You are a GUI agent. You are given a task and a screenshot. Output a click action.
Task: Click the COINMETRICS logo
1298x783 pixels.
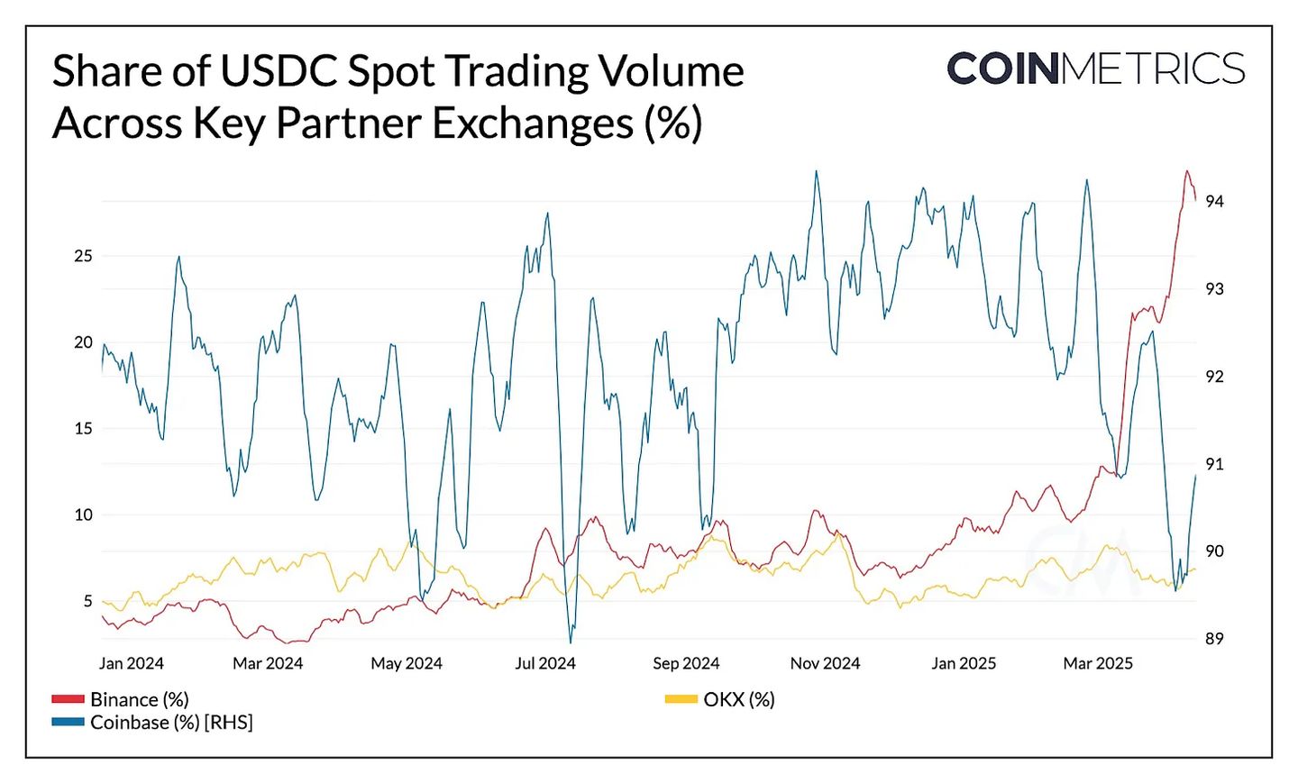tap(1095, 69)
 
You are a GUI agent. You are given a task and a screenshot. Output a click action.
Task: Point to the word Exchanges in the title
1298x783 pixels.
tap(533, 123)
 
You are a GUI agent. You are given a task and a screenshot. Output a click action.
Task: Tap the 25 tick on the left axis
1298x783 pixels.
tap(83, 256)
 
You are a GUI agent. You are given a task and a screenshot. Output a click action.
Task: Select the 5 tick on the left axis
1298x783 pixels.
tap(87, 601)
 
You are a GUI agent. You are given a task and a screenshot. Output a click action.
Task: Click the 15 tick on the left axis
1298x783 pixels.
tap(83, 429)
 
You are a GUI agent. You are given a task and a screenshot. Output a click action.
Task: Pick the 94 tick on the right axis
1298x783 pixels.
tap(1214, 202)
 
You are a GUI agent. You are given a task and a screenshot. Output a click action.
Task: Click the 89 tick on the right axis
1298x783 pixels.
tap(1214, 639)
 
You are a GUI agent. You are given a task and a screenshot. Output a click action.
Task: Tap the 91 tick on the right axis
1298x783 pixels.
tap(1214, 465)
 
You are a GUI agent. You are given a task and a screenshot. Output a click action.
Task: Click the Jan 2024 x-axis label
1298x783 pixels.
tap(132, 664)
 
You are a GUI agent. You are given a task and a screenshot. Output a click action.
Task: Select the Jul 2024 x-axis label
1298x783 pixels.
tap(545, 664)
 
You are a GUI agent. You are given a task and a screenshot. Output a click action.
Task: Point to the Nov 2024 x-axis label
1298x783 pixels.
tap(825, 664)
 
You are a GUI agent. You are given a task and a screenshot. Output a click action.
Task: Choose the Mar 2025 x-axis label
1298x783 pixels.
tap(1098, 664)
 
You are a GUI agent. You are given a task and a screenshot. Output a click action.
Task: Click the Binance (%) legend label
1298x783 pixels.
tap(140, 700)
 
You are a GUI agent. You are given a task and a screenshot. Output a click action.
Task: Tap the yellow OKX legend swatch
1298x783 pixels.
tap(681, 699)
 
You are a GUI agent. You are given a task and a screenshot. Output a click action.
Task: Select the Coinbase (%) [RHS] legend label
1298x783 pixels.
tap(171, 723)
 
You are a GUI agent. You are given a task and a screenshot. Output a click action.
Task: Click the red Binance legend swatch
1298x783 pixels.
tap(68, 699)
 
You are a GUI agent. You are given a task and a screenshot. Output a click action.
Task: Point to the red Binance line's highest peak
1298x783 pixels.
tap(1187, 171)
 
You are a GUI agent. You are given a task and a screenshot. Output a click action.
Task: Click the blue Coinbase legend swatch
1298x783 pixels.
tap(68, 723)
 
